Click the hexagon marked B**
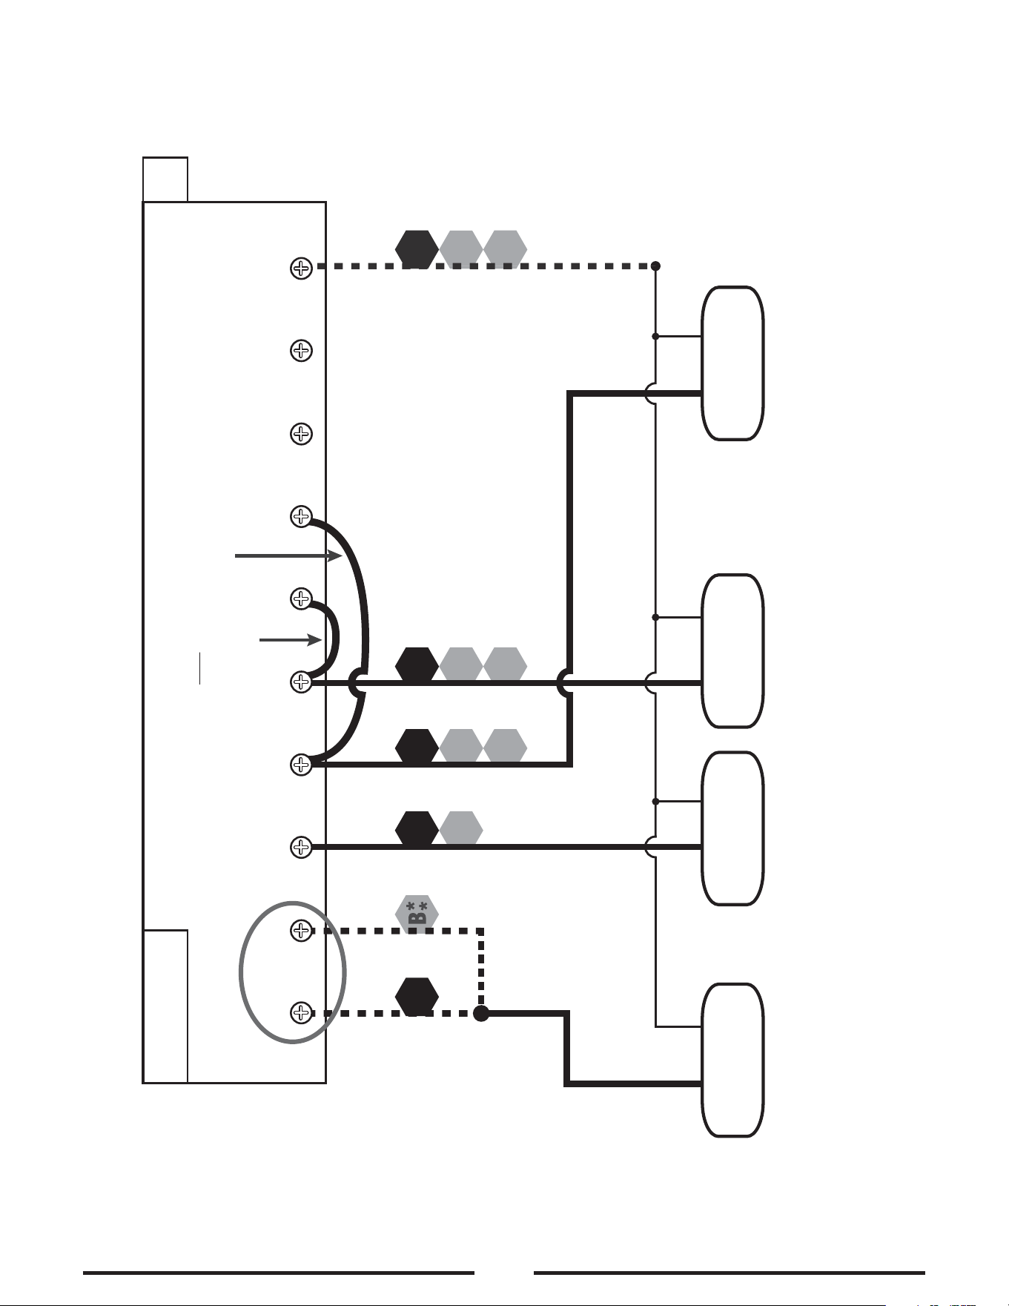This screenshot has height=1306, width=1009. tap(417, 912)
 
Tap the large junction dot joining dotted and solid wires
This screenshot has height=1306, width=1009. tap(481, 1013)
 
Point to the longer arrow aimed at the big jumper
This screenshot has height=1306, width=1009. tap(288, 555)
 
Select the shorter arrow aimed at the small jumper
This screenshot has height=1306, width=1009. tap(291, 639)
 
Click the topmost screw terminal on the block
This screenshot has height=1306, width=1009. tap(300, 267)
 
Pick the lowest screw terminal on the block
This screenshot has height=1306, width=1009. tap(300, 1012)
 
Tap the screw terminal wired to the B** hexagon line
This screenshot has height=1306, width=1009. tap(300, 929)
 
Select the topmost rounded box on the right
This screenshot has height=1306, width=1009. tap(732, 363)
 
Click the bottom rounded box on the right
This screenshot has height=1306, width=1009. tap(732, 1060)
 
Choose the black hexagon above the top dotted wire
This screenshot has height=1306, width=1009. tap(417, 248)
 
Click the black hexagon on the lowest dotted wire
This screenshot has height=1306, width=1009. tap(417, 996)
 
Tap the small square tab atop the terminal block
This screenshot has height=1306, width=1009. tap(165, 179)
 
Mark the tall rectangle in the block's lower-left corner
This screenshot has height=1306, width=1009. tap(165, 1006)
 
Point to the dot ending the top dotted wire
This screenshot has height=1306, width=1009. tap(655, 266)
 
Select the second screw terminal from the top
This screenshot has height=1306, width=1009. tap(300, 350)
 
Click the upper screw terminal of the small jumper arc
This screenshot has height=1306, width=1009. tap(300, 598)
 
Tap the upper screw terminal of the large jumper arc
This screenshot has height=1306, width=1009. tap(300, 515)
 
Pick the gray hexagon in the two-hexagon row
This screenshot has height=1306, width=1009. tap(461, 829)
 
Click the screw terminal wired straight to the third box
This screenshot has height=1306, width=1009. tap(300, 846)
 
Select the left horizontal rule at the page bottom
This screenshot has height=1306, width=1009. tap(279, 1273)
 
